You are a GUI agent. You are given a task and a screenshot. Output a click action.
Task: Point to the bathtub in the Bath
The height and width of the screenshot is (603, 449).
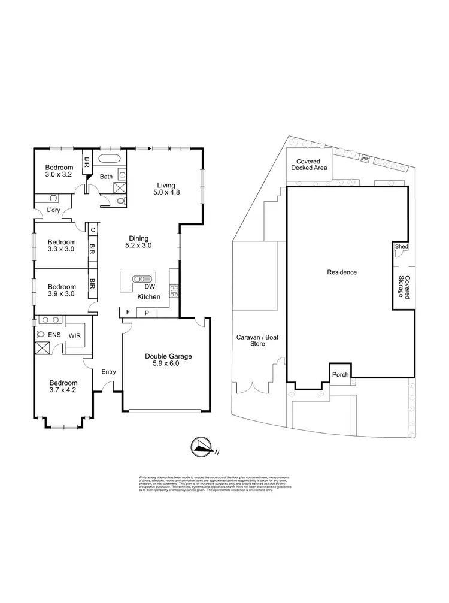(110, 160)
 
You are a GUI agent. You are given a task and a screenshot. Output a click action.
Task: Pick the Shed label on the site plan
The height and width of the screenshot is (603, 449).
(400, 246)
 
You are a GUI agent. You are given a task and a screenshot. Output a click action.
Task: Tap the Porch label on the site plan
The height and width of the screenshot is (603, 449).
(339, 374)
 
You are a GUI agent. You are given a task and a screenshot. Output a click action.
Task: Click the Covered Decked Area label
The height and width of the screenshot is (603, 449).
(305, 165)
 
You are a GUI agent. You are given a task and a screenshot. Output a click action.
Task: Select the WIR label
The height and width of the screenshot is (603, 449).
(75, 336)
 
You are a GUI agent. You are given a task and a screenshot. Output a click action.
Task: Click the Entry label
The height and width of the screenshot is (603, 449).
(108, 372)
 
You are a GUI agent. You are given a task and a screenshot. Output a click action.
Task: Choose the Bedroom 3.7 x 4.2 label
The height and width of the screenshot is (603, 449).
(63, 387)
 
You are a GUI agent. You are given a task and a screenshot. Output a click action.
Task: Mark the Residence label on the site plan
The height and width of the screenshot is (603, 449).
(342, 272)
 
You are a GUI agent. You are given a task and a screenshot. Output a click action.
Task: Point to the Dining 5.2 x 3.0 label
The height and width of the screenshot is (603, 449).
(138, 241)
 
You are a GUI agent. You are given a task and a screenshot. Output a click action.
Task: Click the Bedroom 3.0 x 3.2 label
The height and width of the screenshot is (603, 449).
(59, 171)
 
